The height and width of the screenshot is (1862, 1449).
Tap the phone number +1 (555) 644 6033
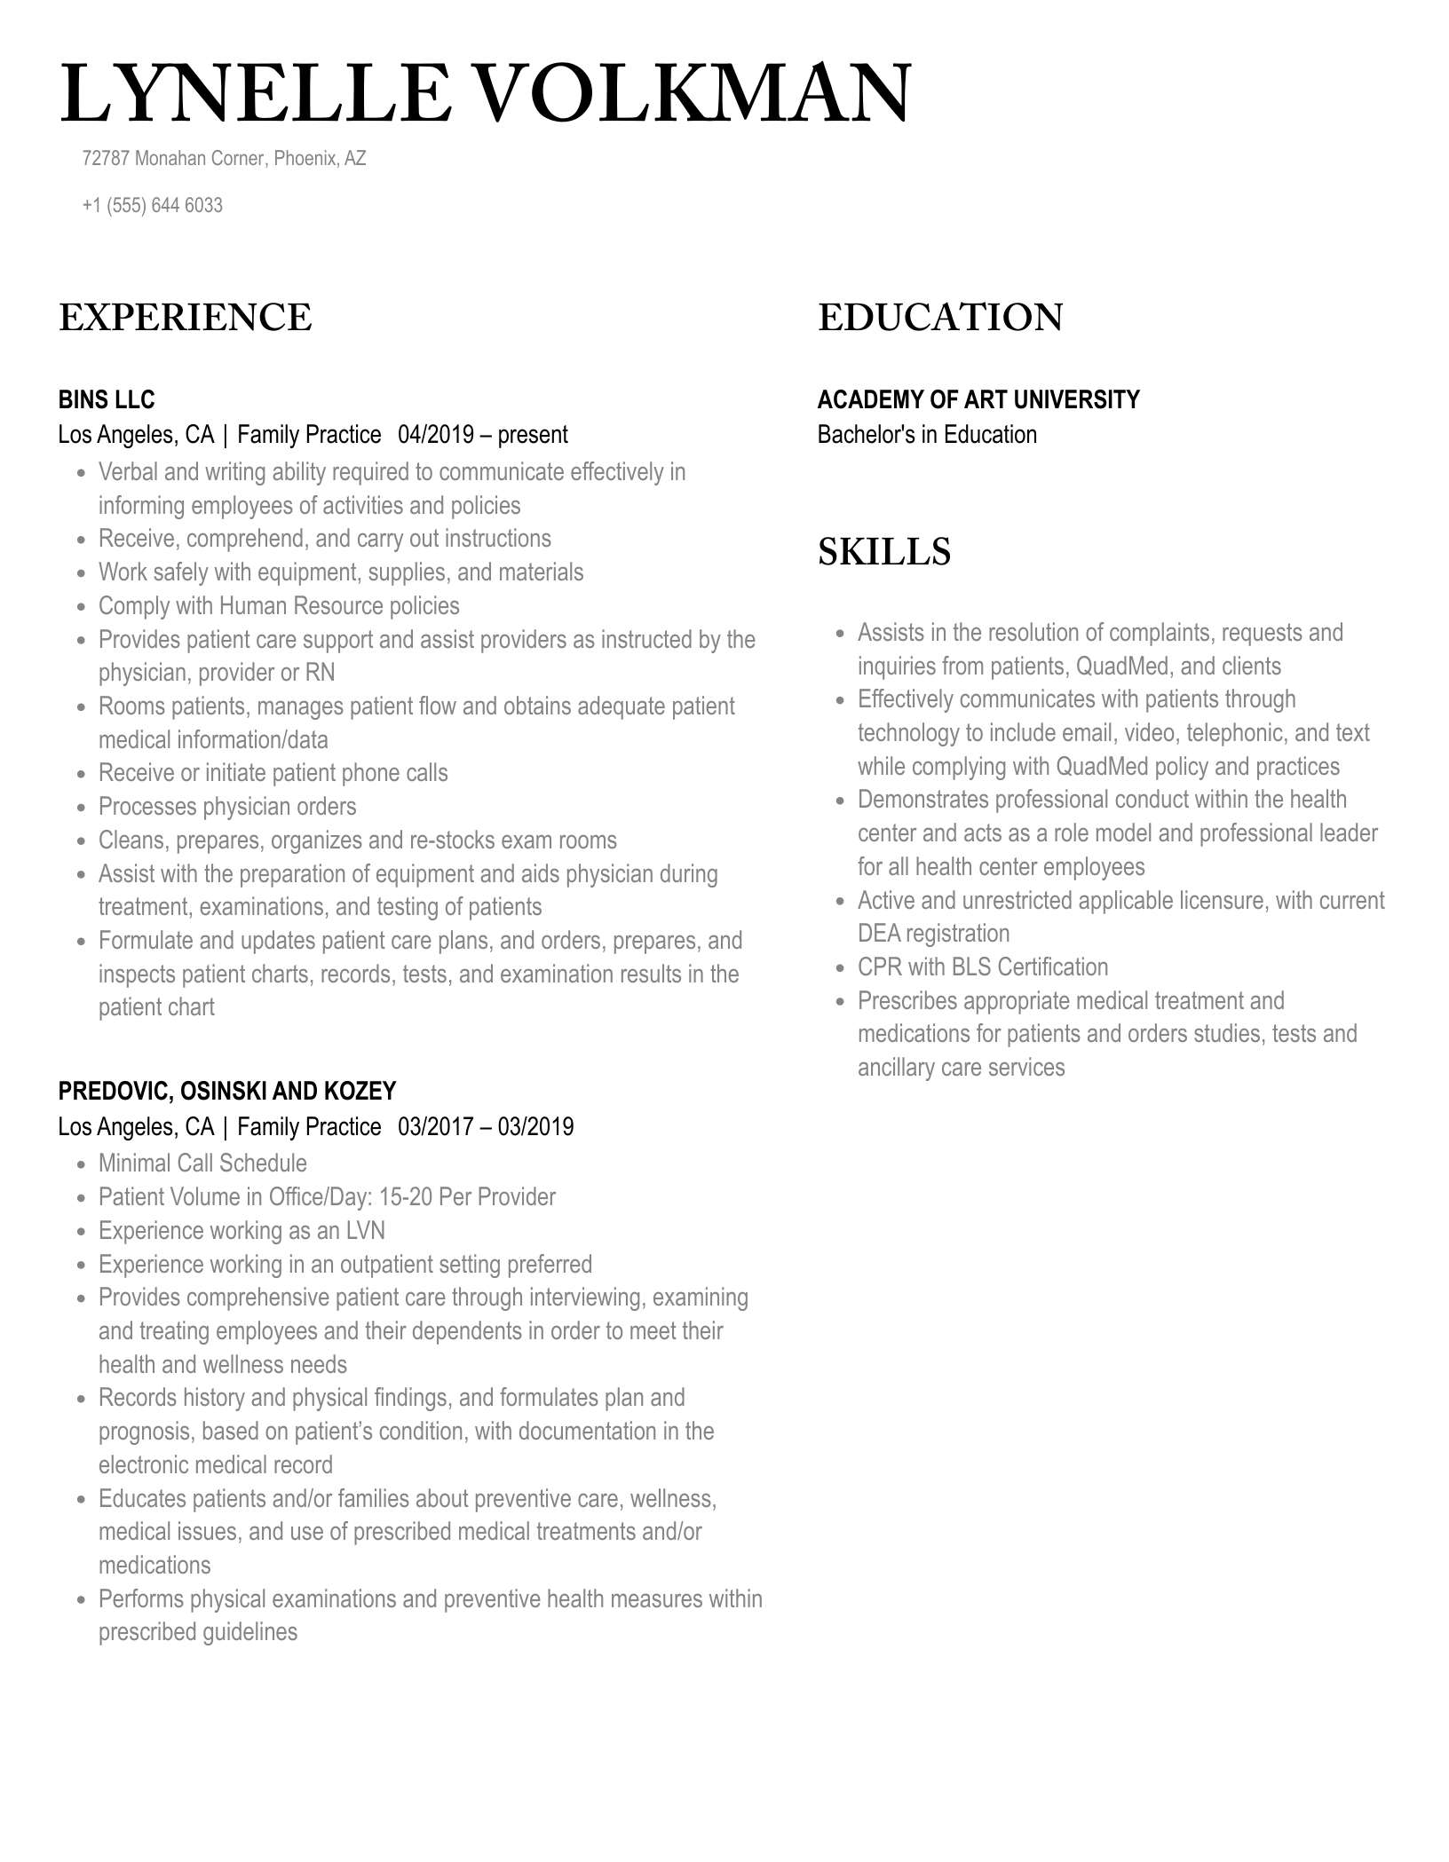coord(152,205)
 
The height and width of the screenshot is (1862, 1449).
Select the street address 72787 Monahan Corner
coord(174,159)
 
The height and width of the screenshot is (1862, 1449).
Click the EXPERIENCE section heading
coord(186,318)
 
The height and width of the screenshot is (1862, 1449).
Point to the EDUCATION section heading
coord(939,318)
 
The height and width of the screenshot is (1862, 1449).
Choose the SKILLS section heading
coord(883,552)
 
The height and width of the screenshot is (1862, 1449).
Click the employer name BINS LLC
coord(107,400)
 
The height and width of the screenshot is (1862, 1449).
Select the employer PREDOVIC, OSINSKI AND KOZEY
coord(227,1092)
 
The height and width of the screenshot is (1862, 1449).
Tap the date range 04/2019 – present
coord(482,435)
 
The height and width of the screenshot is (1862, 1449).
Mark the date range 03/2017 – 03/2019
coord(485,1127)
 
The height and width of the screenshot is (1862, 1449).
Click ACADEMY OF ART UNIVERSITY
coord(978,400)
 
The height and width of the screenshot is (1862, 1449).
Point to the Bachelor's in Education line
coord(926,435)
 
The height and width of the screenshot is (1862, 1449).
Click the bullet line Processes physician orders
coord(227,807)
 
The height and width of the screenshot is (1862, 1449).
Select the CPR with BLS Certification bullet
coord(983,967)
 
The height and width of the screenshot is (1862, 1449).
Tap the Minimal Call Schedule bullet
coord(202,1164)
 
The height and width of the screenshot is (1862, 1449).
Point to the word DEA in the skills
coord(879,934)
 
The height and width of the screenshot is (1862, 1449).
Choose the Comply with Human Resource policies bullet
coord(279,606)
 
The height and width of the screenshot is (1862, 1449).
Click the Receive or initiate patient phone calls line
coord(273,773)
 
